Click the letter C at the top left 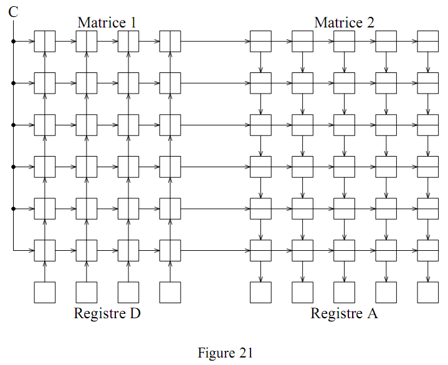coord(14,12)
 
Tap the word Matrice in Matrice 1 coord(102,22)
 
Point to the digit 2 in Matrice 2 coord(371,22)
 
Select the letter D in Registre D coord(135,313)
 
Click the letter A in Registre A coord(373,313)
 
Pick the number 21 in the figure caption coord(246,353)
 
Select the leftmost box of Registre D coord(45,293)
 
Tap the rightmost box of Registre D coord(170,293)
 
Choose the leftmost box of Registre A coord(260,293)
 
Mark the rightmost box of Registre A coord(427,293)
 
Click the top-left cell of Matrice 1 coord(45,41)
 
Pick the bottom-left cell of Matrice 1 coord(45,251)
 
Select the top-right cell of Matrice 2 coord(427,41)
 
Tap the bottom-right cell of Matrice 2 coord(427,251)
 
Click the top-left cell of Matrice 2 coord(260,41)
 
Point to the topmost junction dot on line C coord(14,41)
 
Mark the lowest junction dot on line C coord(14,209)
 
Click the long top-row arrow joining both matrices coord(216,41)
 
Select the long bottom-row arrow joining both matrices coord(216,251)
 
